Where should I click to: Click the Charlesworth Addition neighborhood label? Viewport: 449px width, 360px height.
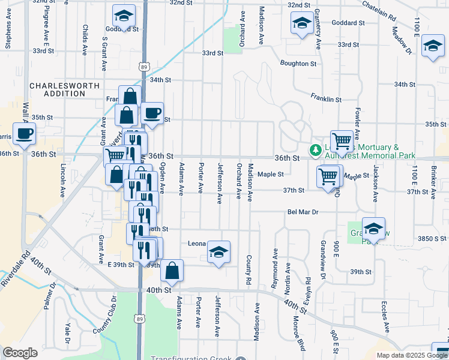point(64,89)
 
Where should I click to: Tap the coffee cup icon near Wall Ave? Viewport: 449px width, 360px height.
point(24,134)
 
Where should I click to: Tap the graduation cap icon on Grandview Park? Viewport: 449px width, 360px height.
point(373,229)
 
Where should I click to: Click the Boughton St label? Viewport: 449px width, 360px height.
point(298,63)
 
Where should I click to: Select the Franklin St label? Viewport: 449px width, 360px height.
point(326,99)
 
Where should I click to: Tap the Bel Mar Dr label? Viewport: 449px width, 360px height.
point(303,212)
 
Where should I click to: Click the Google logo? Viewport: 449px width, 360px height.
point(20,353)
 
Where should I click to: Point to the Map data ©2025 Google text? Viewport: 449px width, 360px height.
point(412,355)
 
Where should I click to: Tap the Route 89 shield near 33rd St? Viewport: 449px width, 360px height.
point(143,67)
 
